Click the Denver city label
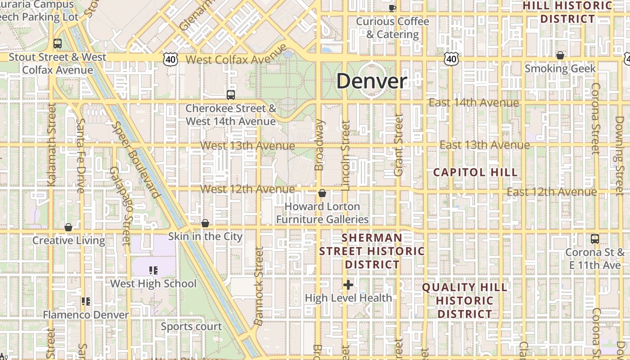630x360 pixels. (x=372, y=81)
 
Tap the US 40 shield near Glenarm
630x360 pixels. (x=171, y=59)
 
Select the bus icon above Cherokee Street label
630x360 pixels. (x=230, y=94)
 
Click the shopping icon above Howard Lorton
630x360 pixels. (x=322, y=193)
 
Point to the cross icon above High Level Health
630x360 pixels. (x=348, y=284)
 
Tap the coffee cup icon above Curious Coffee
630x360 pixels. (x=392, y=7)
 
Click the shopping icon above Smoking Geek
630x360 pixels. (x=560, y=55)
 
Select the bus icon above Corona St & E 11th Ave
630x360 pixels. (x=594, y=238)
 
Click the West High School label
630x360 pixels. (x=153, y=283)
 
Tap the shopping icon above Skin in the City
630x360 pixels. (x=205, y=223)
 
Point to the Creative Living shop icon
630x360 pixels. (x=68, y=227)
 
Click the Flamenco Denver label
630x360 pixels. (x=86, y=315)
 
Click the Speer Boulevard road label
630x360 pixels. (x=136, y=160)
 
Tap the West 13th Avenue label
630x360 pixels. (x=247, y=146)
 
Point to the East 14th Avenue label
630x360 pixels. (x=473, y=103)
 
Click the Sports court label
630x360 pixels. (x=191, y=326)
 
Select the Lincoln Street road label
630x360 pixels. (x=346, y=155)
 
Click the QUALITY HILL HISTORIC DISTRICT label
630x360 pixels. (x=465, y=300)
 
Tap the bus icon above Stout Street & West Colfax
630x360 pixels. (x=57, y=44)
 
